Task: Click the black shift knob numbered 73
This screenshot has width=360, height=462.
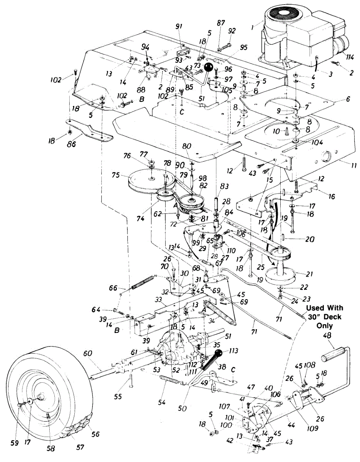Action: tap(209, 68)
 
